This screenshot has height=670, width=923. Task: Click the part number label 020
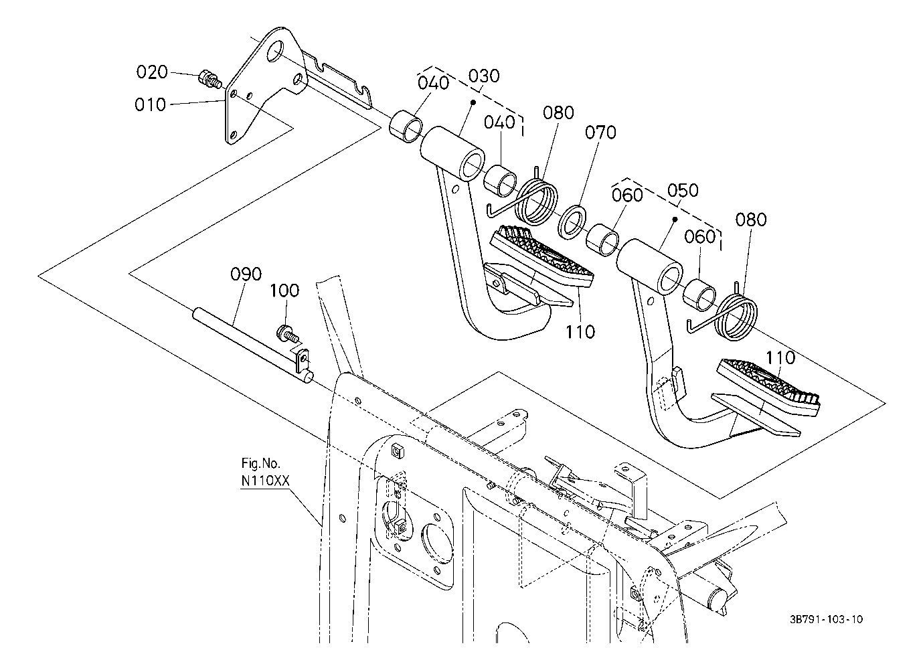click(x=152, y=72)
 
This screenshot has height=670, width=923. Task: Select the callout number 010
click(x=151, y=104)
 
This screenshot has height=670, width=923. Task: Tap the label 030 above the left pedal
click(x=484, y=76)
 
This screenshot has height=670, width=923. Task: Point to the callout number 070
click(x=601, y=133)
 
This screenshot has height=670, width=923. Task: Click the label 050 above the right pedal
click(x=683, y=190)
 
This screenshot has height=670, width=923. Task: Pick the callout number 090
click(x=246, y=274)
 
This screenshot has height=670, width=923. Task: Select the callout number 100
click(x=284, y=291)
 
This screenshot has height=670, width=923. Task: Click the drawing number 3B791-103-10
click(x=826, y=619)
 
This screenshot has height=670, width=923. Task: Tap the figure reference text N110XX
click(x=265, y=481)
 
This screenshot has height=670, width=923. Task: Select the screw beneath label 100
click(x=287, y=334)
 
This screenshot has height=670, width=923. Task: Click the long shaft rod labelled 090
click(x=252, y=347)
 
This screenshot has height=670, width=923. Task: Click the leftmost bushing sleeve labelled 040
click(x=406, y=126)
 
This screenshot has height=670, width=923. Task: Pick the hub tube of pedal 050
click(x=649, y=266)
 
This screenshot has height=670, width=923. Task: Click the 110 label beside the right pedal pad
click(x=779, y=357)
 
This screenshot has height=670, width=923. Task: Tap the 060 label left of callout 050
click(x=627, y=195)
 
